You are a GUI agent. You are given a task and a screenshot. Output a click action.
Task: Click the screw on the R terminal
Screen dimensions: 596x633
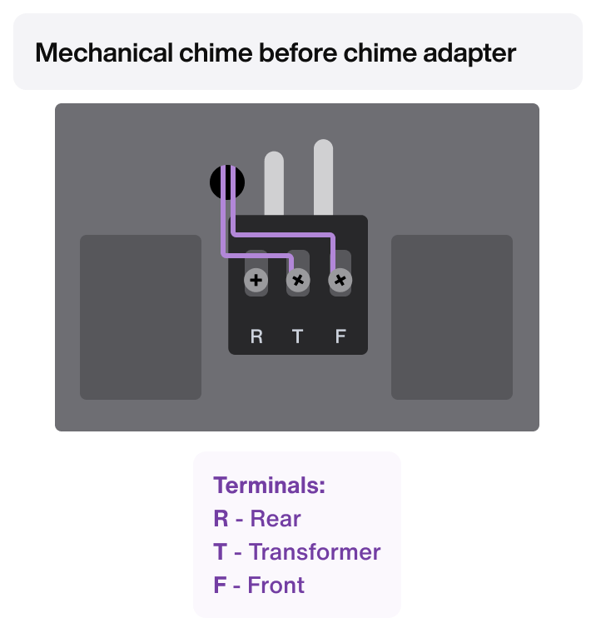256,281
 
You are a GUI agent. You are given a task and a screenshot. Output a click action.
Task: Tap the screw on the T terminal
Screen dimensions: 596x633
297,281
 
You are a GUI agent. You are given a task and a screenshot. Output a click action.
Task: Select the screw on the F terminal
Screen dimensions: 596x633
340,281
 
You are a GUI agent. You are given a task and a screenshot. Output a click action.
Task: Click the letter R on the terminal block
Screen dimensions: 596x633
256,336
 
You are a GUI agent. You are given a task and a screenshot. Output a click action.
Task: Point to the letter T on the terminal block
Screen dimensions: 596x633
298,336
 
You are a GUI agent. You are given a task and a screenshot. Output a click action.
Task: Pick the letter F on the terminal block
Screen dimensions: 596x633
340,336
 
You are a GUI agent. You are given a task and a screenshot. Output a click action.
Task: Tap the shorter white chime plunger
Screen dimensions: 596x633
274,183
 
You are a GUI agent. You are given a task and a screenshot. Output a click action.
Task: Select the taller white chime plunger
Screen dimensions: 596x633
324,177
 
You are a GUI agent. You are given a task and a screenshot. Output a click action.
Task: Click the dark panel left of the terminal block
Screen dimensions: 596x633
141,317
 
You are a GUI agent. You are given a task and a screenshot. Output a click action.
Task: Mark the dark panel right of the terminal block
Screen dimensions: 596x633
452,317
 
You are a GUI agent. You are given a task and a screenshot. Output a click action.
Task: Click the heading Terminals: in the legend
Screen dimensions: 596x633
269,486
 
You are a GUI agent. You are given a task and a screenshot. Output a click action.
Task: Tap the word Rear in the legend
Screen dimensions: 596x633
275,519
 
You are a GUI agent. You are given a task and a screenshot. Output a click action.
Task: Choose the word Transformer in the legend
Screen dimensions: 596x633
315,551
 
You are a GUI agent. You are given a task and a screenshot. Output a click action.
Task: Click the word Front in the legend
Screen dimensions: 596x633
277,585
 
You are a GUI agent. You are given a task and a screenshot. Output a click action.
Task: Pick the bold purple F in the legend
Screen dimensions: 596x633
220,585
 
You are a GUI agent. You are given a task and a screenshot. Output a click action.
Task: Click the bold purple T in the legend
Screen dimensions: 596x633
220,551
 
